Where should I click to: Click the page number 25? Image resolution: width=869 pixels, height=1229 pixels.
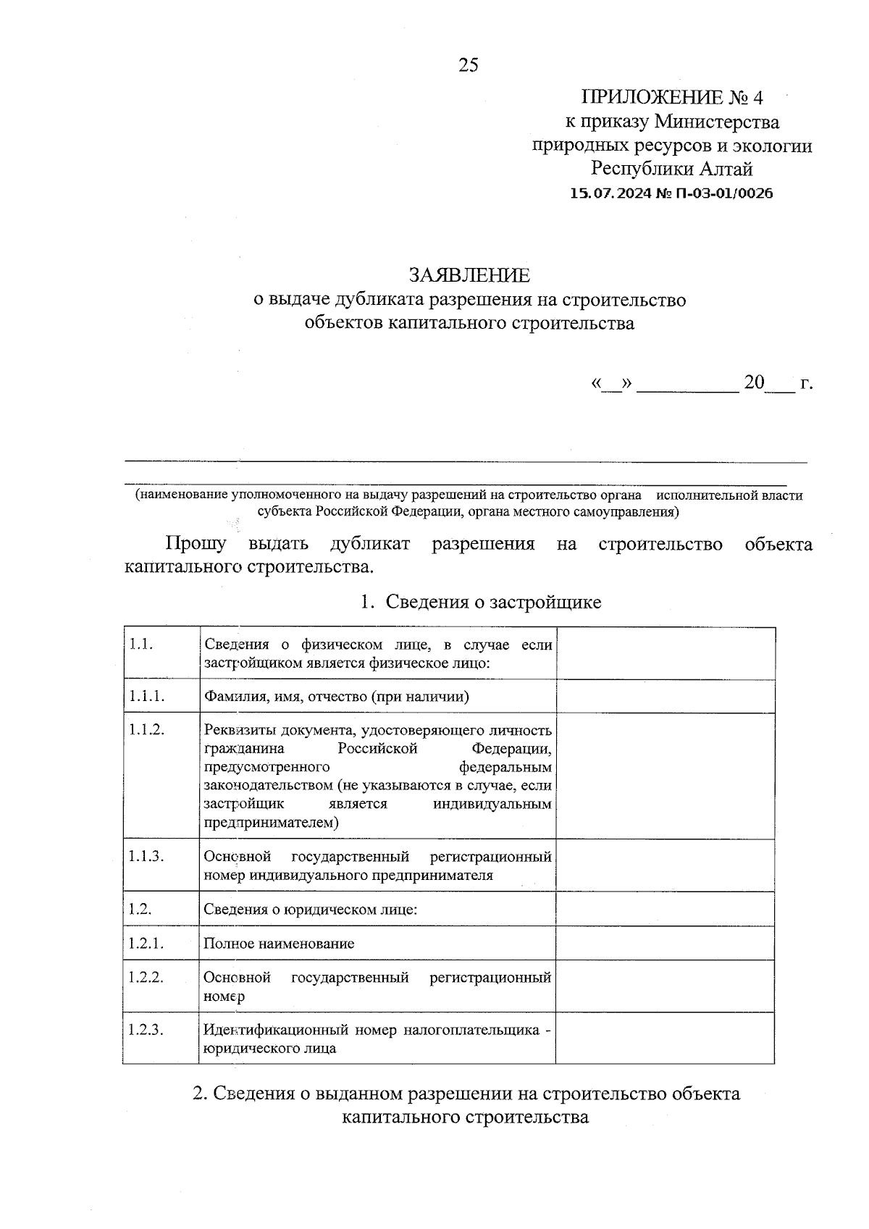point(468,65)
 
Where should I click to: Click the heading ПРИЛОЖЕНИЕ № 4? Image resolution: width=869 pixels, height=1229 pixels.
point(672,97)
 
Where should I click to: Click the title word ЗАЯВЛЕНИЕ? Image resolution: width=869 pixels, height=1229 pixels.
point(469,275)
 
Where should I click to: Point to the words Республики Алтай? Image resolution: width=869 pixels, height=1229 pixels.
point(672,169)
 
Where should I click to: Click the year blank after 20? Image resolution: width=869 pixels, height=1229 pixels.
point(779,385)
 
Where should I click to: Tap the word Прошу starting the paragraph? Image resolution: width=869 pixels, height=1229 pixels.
point(196,543)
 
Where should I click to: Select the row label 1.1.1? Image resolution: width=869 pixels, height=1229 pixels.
point(147,696)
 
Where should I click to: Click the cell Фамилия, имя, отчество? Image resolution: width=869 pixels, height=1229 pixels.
point(336,697)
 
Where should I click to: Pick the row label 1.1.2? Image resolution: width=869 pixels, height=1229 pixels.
point(147,730)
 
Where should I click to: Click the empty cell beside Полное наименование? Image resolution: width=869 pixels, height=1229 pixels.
point(665,943)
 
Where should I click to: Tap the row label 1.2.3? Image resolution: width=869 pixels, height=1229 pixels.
point(146,1029)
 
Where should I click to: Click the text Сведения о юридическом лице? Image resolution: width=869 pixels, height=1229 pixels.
point(310,909)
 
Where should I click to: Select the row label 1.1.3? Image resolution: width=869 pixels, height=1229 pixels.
point(147,857)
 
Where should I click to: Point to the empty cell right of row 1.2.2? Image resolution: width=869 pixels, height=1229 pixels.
point(665,986)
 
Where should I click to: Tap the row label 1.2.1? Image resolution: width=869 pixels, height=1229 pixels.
point(146,943)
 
